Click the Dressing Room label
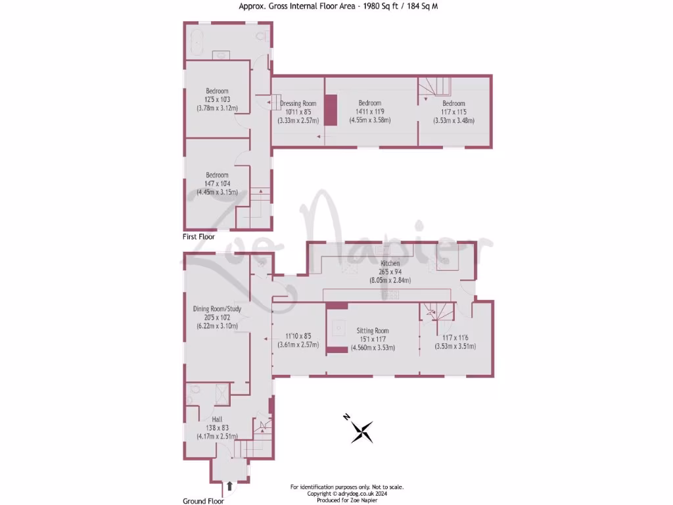(298, 103)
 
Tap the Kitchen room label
(390, 263)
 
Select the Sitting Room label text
(373, 331)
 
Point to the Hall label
(216, 418)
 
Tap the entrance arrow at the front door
(229, 487)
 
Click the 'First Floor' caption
(198, 236)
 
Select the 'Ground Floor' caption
(203, 500)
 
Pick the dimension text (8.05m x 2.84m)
(390, 279)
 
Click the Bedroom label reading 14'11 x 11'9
(369, 112)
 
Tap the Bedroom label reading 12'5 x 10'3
(217, 99)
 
